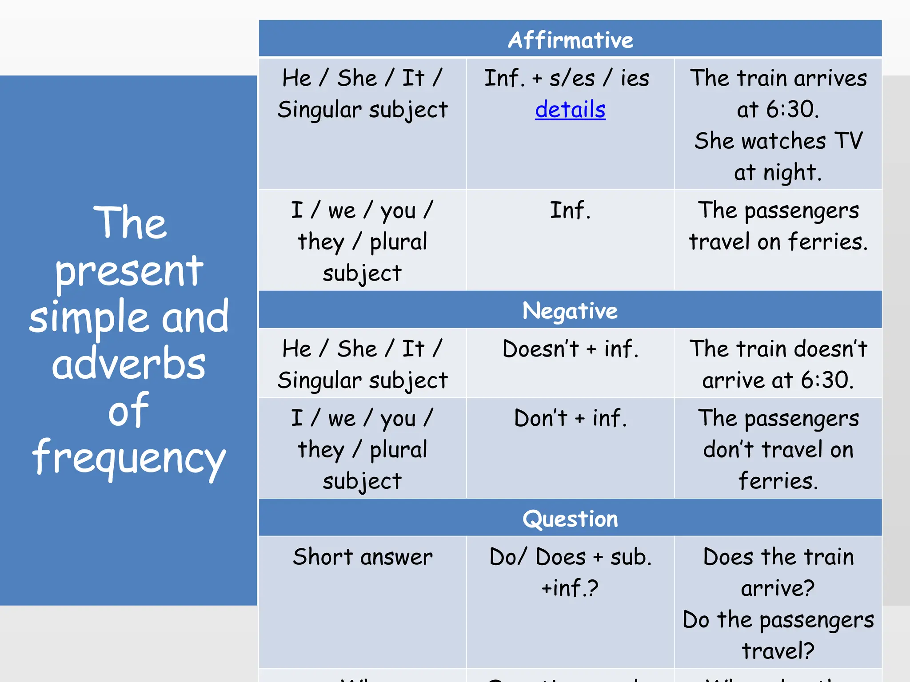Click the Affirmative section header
click(x=570, y=40)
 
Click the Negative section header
click(x=570, y=310)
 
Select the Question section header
click(x=570, y=519)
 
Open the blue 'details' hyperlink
click(x=570, y=110)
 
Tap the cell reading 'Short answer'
click(x=362, y=557)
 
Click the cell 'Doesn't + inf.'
click(x=570, y=349)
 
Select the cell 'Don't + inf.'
click(x=570, y=418)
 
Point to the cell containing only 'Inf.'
click(x=570, y=210)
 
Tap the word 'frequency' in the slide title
click(x=129, y=457)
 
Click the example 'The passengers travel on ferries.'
click(x=778, y=226)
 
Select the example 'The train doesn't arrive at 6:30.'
click(x=778, y=364)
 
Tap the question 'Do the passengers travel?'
click(x=778, y=635)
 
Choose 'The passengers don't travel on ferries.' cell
click(x=778, y=449)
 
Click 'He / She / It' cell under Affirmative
click(x=362, y=94)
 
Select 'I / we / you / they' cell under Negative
click(x=362, y=449)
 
